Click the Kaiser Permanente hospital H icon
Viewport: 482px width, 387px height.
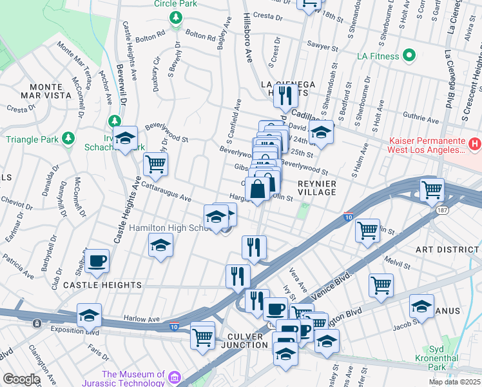pos(474,143)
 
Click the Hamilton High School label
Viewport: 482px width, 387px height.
pos(172,228)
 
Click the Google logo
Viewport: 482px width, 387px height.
pos(21,379)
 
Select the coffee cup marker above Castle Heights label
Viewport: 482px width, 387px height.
pos(97,261)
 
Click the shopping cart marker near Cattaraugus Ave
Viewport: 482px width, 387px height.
pos(155,164)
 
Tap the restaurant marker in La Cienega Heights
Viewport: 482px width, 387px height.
pos(284,95)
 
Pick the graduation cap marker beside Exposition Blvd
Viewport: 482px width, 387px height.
pos(90,315)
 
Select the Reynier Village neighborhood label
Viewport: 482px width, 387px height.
pos(316,188)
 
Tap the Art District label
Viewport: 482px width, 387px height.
pos(447,249)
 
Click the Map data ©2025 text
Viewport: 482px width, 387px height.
pos(454,382)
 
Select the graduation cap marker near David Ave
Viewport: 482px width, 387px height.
pos(320,133)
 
